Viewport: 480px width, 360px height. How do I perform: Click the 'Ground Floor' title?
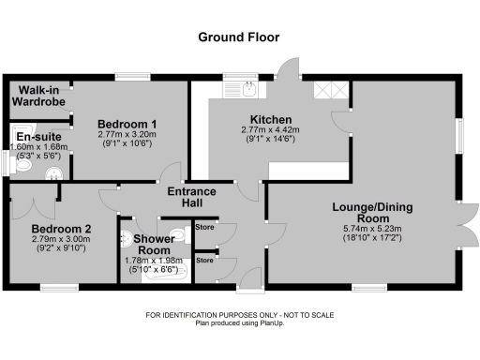238,37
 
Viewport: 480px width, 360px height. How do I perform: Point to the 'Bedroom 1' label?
127,124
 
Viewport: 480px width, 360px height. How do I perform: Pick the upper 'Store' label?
204,226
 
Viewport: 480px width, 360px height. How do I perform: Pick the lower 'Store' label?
204,261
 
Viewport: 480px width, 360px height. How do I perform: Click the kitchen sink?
247,89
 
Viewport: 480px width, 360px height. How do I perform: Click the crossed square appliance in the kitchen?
333,90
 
